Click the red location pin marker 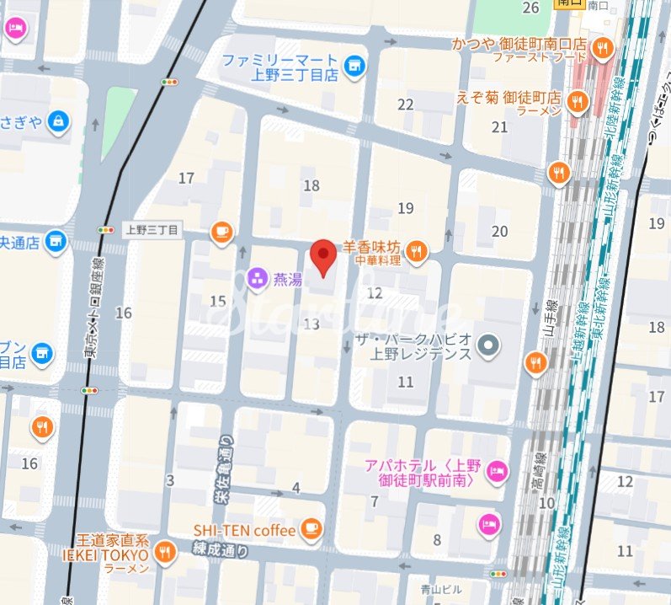click(322, 257)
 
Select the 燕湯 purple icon click(258, 277)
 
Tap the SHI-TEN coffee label click(244, 530)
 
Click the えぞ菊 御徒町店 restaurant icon click(578, 102)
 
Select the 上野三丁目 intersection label click(152, 230)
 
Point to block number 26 click(530, 8)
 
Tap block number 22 click(407, 104)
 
